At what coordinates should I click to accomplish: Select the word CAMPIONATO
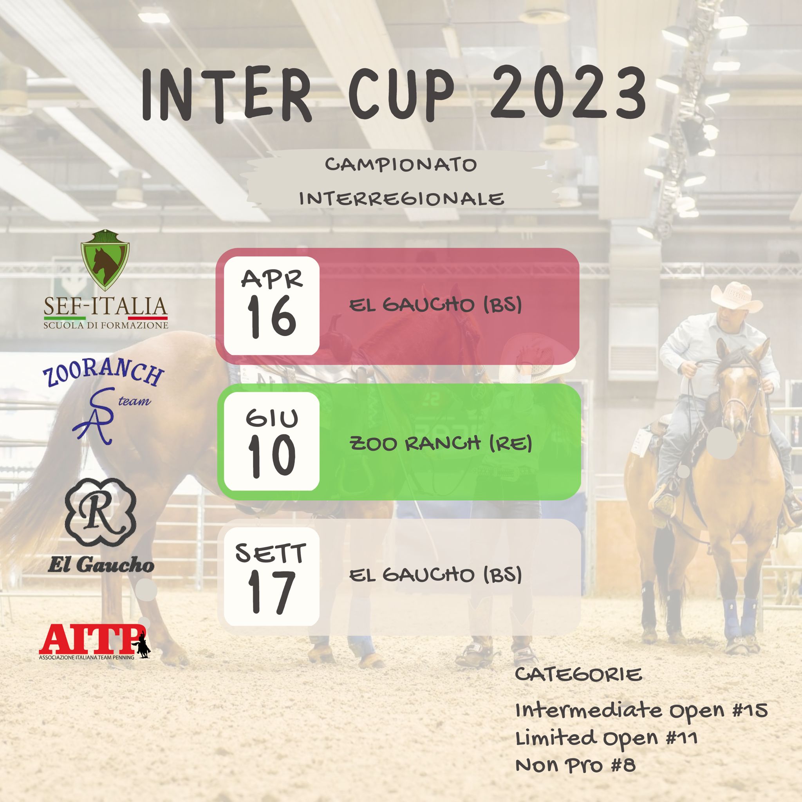401,165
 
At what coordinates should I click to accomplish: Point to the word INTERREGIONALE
401,199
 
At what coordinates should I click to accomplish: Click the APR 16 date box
271,306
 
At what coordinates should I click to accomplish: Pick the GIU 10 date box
271,441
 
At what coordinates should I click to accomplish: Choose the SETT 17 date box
271,576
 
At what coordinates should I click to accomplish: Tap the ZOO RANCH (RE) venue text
441,444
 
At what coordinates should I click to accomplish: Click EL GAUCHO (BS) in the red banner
435,305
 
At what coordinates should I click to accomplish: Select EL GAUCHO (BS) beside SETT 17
435,575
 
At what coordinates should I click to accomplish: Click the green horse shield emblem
105,260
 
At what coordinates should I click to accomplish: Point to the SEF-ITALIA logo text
105,307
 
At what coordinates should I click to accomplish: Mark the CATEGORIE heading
578,676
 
